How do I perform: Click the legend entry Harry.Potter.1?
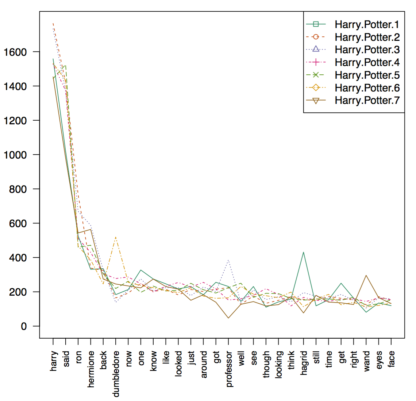pos(367,24)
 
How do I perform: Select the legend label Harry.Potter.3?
pos(367,50)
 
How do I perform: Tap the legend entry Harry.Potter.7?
pos(367,100)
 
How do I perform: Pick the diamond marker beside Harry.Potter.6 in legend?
pos(316,87)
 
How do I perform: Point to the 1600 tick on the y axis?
pos(15,52)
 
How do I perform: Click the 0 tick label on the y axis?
pos(24,326)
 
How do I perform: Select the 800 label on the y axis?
pos(18,189)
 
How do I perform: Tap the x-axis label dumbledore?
pos(116,374)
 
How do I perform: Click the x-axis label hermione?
pos(91,369)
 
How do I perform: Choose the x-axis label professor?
pos(229,369)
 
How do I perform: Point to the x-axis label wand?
pos(366,361)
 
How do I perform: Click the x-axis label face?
pos(391,359)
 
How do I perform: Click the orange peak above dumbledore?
pos(116,237)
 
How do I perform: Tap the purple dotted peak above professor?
pos(228,260)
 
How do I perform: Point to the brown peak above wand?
pos(366,275)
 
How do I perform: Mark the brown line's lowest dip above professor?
pos(228,318)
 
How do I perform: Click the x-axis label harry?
pos(53,361)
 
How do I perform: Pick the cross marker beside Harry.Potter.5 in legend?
pos(316,75)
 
